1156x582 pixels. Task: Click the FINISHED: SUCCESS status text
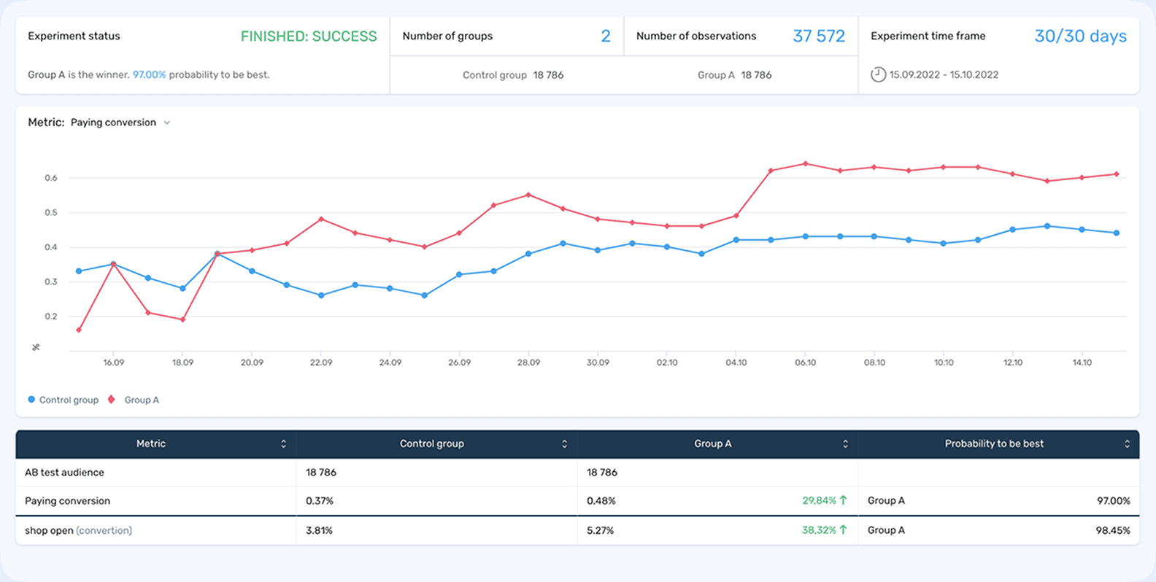[309, 36]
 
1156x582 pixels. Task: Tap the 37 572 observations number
[818, 36]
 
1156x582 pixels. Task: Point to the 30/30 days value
[1080, 36]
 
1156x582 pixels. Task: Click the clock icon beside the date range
[879, 74]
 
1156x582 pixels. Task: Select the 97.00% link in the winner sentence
[149, 74]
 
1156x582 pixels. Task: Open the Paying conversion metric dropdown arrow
[167, 123]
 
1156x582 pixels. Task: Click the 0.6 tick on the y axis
[50, 178]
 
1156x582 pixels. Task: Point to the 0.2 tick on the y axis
[50, 317]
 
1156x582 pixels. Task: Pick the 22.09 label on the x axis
[321, 362]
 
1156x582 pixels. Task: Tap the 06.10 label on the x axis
[805, 362]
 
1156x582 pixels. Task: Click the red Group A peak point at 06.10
[805, 163]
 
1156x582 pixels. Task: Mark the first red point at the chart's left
[79, 330]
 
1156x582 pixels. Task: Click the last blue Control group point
[1117, 233]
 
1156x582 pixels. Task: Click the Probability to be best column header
[994, 443]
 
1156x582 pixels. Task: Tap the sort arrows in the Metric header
[283, 443]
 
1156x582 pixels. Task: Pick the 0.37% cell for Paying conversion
[320, 501]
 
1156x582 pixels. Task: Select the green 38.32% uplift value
[818, 530]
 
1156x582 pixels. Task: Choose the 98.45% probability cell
[1112, 530]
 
